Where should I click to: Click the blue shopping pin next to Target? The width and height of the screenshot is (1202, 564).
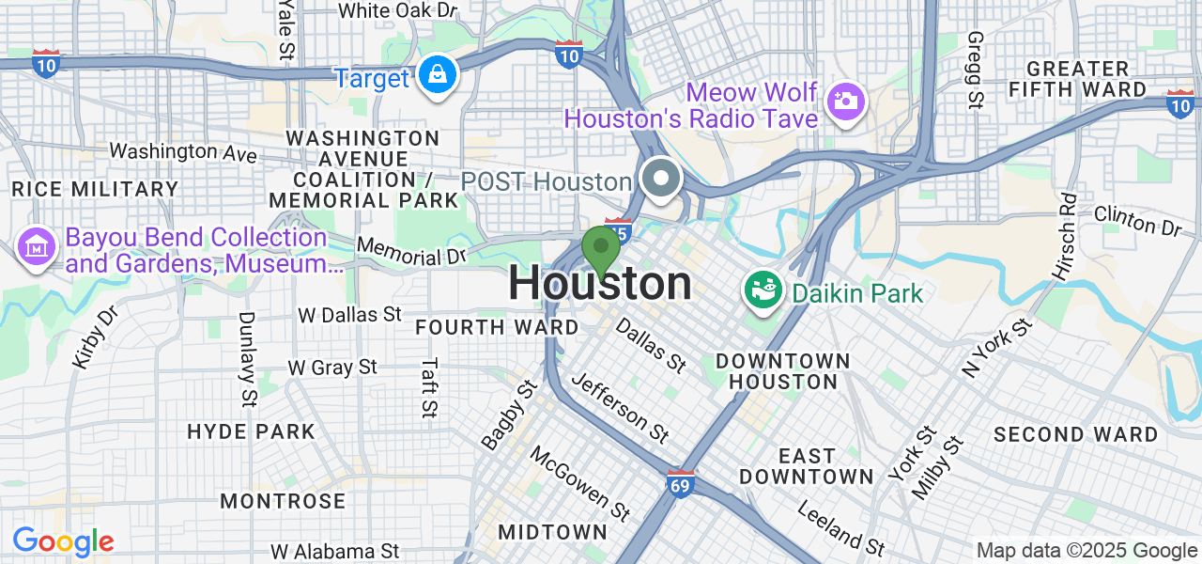coord(437,75)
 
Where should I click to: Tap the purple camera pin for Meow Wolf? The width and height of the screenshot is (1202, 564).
coord(845,99)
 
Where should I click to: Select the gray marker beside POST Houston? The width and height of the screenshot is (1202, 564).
coord(662,178)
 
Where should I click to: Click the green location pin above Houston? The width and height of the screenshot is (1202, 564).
coord(600,249)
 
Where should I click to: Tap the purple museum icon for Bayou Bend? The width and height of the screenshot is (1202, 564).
coord(36,248)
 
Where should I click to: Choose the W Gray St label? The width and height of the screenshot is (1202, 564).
coord(332,367)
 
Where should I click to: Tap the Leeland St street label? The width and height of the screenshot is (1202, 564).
coord(840,525)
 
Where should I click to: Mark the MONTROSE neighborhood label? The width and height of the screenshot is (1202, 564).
coord(283,501)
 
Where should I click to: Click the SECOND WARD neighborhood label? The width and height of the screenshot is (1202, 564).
coord(1075,434)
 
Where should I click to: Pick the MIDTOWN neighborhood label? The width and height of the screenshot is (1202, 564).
coord(552,532)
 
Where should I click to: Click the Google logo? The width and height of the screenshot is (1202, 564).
coord(63,541)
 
